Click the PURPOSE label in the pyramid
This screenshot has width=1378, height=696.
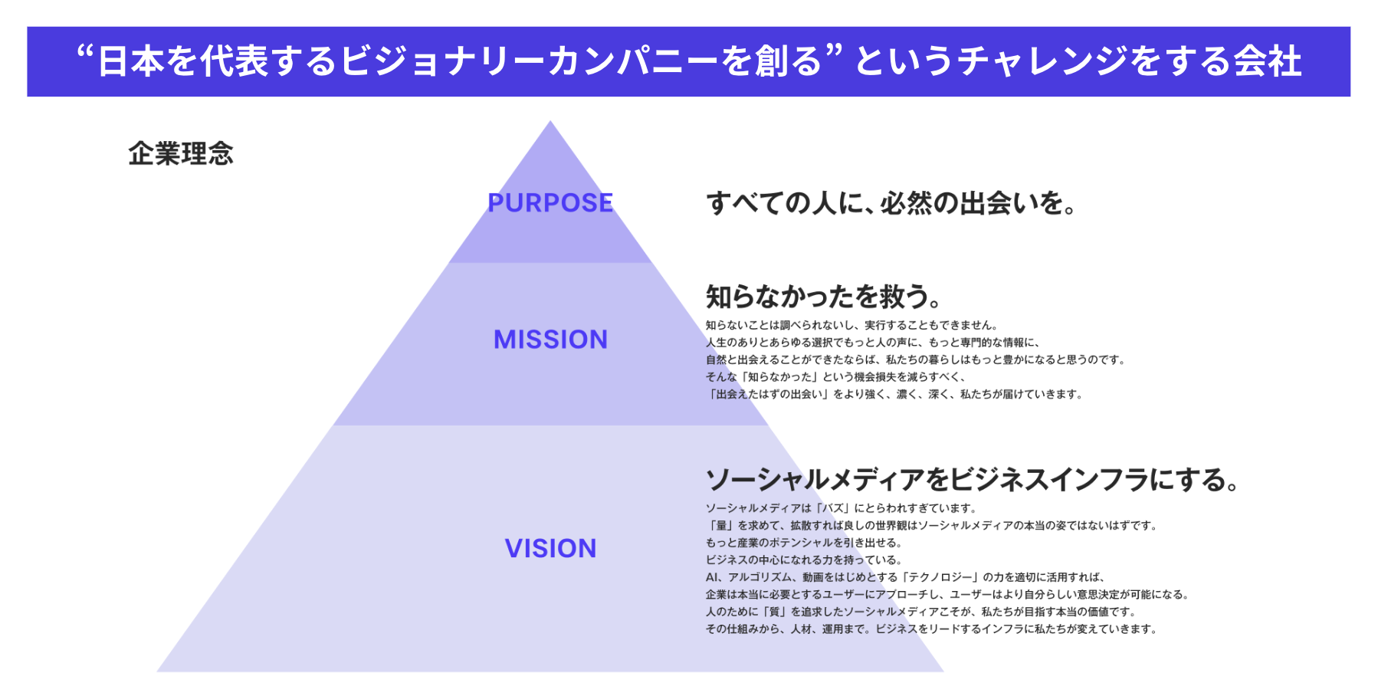pyautogui.click(x=550, y=203)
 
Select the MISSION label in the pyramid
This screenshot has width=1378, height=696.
pyautogui.click(x=550, y=340)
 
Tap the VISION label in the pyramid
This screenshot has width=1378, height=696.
pyautogui.click(x=550, y=549)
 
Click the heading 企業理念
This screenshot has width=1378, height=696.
pyautogui.click(x=181, y=154)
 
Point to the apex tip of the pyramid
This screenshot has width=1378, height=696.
pyautogui.click(x=550, y=123)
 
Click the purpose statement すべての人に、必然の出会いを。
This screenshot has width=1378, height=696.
pyautogui.click(x=891, y=203)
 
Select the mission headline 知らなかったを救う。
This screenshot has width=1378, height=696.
pyautogui.click(x=822, y=297)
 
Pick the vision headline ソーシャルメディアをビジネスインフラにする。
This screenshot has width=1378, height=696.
pyautogui.click(x=972, y=480)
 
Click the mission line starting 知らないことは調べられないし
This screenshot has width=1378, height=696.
pyautogui.click(x=851, y=325)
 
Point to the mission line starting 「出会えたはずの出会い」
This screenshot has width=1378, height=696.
pyautogui.click(x=894, y=394)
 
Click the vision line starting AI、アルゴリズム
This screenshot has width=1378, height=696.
pyautogui.click(x=905, y=577)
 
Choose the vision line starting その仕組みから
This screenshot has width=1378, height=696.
pyautogui.click(x=930, y=629)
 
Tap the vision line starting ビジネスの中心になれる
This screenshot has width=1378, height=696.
pyautogui.click(x=804, y=560)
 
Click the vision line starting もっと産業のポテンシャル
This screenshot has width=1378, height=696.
pyautogui.click(x=804, y=543)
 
